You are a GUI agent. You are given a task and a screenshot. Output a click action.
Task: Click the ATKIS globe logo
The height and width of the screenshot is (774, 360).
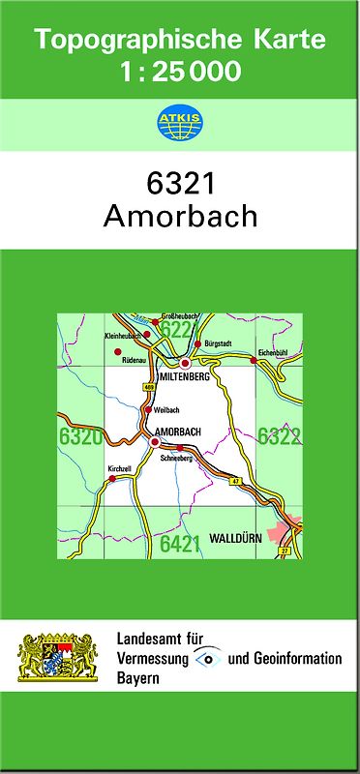click(x=180, y=123)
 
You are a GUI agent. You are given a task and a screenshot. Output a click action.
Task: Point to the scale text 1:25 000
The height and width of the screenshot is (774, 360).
click(x=180, y=71)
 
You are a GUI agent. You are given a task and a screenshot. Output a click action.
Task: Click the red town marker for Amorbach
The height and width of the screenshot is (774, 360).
click(x=155, y=441)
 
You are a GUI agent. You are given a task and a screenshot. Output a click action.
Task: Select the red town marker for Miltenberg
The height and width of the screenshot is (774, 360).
click(x=185, y=364)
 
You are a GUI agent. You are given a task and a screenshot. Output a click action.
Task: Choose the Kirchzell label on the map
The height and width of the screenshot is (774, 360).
click(x=119, y=468)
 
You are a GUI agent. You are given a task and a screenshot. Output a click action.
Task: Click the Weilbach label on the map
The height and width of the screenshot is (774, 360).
click(x=165, y=409)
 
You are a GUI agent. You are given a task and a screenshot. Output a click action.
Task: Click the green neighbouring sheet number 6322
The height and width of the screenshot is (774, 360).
click(x=279, y=436)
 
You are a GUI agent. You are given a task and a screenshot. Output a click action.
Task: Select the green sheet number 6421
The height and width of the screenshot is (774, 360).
click(x=180, y=544)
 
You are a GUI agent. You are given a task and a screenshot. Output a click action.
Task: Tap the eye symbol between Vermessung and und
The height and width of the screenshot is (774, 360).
click(x=207, y=658)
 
